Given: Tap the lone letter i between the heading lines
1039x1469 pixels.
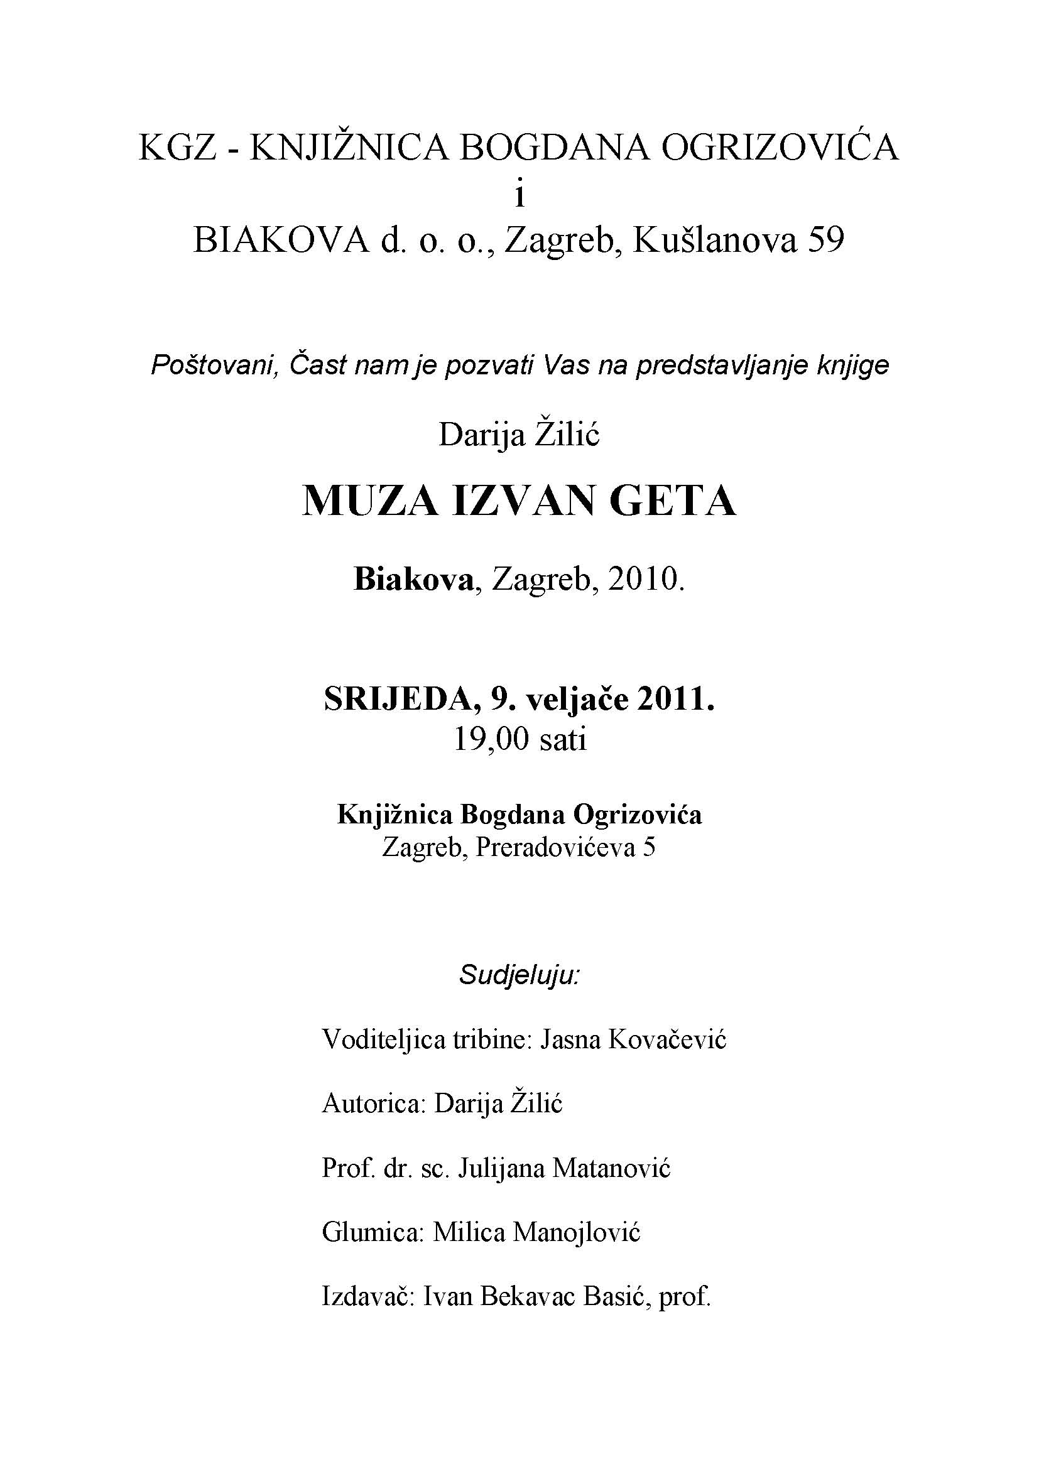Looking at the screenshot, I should coord(519,195).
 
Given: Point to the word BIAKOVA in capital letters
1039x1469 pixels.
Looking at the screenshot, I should coord(281,241).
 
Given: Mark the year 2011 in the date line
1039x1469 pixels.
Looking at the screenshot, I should coord(676,699).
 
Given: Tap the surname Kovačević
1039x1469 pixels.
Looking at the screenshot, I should coord(666,1039).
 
